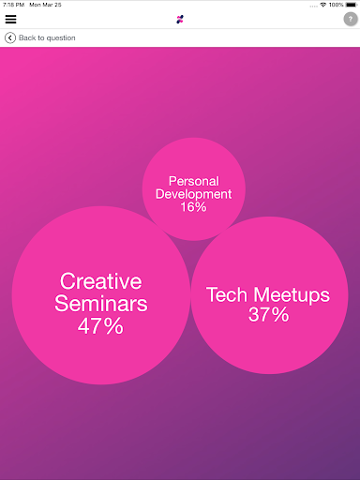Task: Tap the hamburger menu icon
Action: pyautogui.click(x=10, y=19)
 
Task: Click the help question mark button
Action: pyautogui.click(x=350, y=19)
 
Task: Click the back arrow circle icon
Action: pyautogui.click(x=9, y=37)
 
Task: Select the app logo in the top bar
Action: pyautogui.click(x=180, y=19)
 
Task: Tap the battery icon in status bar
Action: pyautogui.click(x=351, y=5)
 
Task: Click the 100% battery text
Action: pyautogui.click(x=336, y=5)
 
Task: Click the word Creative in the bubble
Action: pyautogui.click(x=100, y=281)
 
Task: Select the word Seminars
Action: pyautogui.click(x=100, y=304)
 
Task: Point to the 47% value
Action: pyautogui.click(x=100, y=326)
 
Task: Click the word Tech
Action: pyautogui.click(x=226, y=295)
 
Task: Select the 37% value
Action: pyautogui.click(x=268, y=316)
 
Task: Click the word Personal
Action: pyautogui.click(x=193, y=181)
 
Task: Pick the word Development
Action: pyautogui.click(x=193, y=194)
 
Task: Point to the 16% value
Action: pyautogui.click(x=193, y=206)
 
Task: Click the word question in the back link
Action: pyautogui.click(x=58, y=37)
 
